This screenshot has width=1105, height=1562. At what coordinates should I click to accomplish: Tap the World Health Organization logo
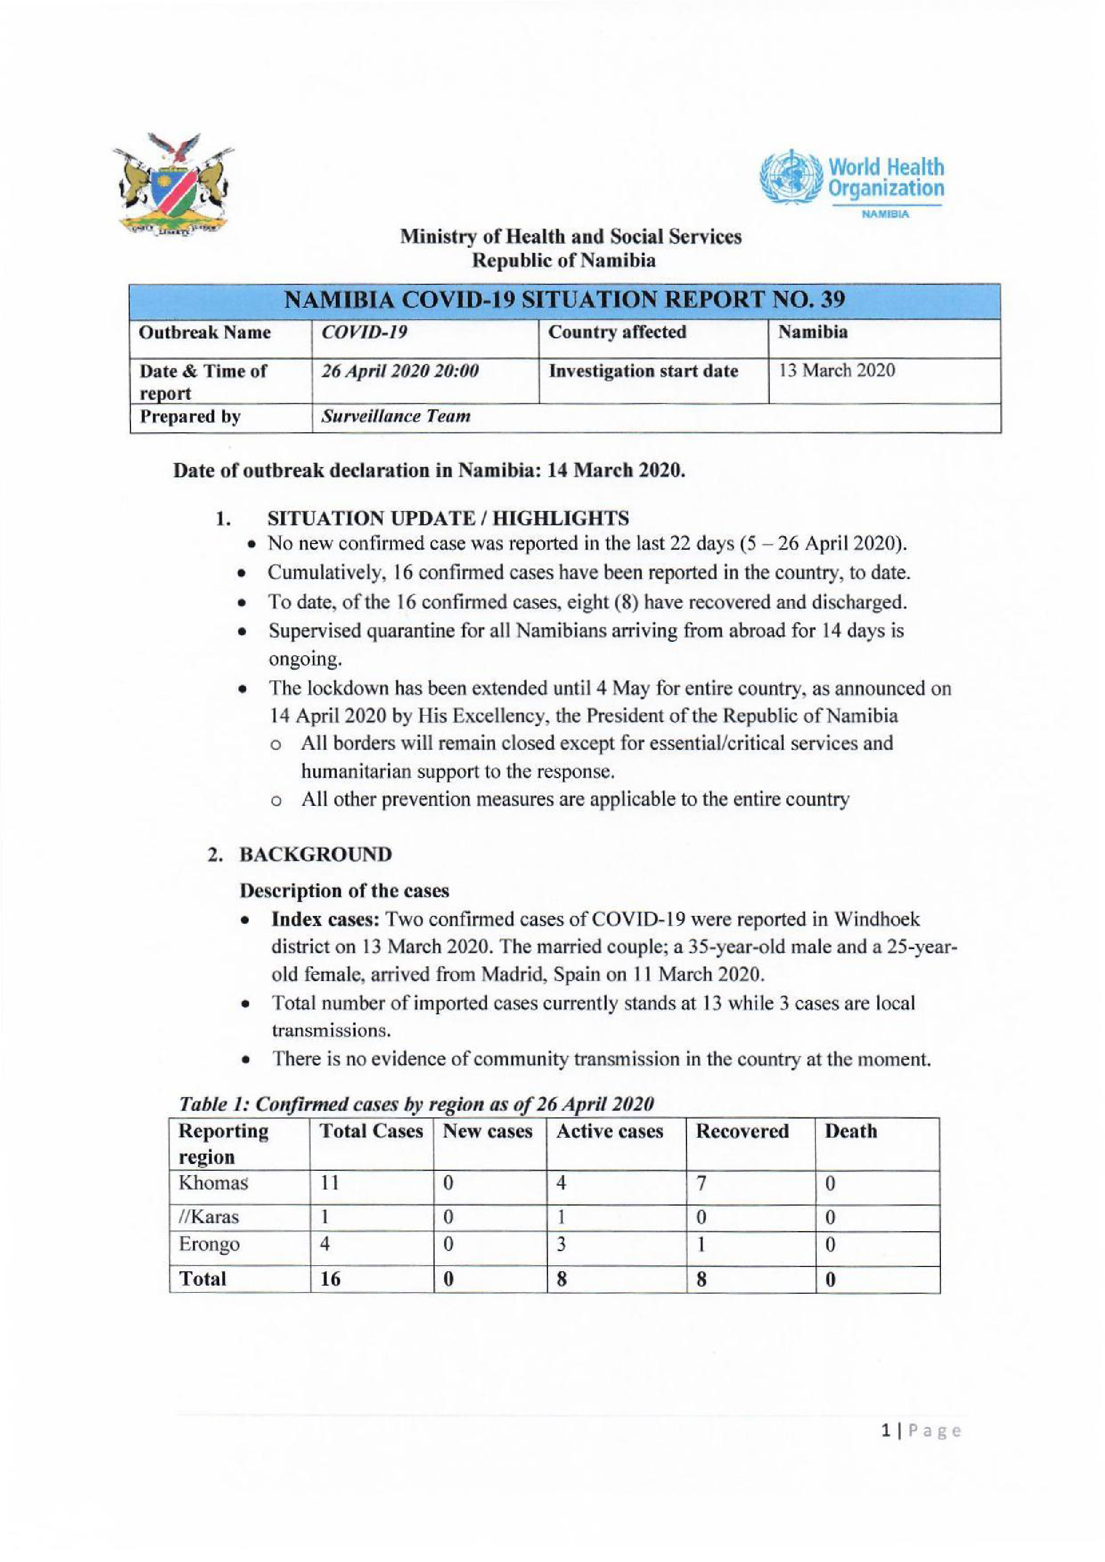pos(851,180)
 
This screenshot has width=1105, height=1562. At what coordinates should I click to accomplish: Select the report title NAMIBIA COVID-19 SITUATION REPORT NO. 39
pos(564,300)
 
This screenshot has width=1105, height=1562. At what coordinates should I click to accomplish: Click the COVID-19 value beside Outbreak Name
pos(364,333)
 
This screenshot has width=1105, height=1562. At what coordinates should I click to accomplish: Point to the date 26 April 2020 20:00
pos(400,371)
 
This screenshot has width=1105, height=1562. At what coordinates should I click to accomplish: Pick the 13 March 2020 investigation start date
pos(836,371)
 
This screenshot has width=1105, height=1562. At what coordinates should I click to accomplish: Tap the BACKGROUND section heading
pos(315,854)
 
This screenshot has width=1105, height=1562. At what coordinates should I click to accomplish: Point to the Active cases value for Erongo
pos(561,1244)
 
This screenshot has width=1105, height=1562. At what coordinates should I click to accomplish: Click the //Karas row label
pos(208,1216)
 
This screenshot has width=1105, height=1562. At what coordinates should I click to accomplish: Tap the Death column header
pos(851,1131)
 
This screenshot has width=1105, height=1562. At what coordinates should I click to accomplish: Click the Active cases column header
pos(609,1131)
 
